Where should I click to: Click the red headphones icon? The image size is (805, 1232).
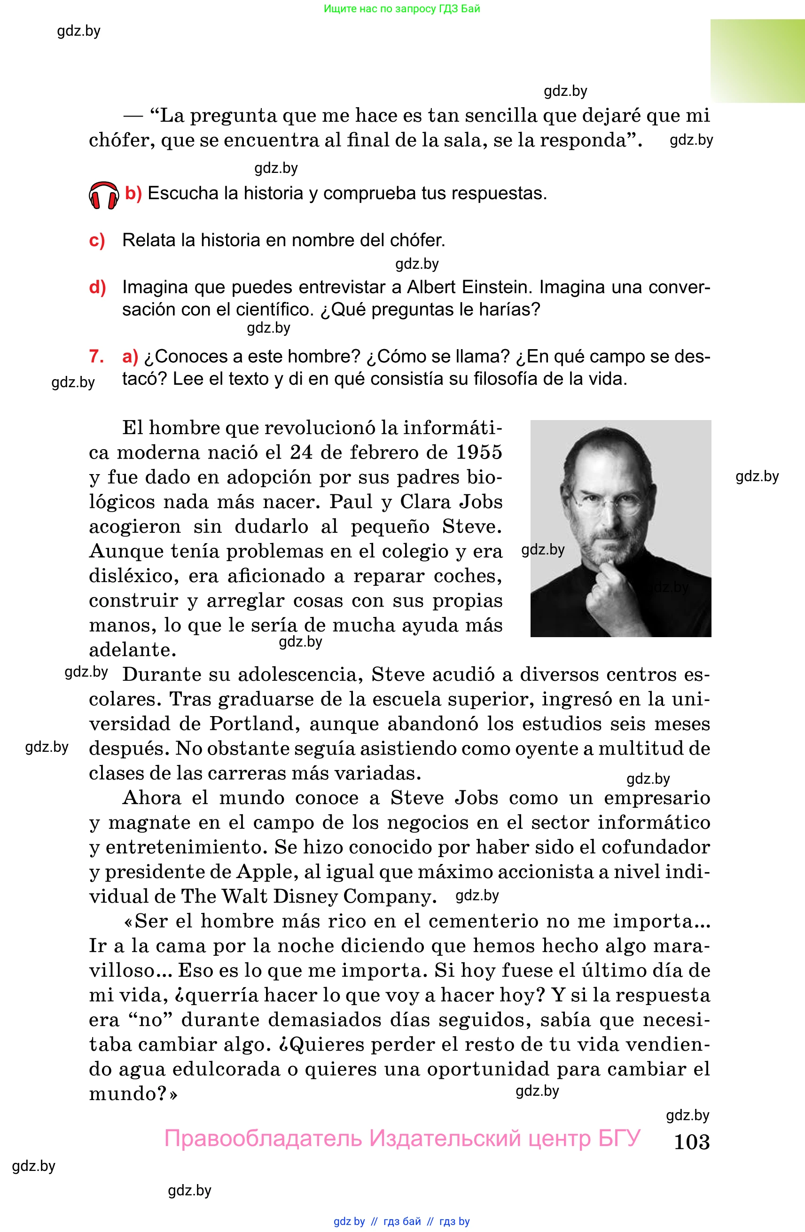coord(103,195)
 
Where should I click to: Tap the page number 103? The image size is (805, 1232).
coord(691,1141)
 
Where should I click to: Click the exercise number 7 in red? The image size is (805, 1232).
coord(96,356)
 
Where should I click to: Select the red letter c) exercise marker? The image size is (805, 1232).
coord(97,240)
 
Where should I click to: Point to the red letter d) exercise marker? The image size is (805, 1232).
coord(97,287)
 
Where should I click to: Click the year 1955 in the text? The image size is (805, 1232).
coord(478,452)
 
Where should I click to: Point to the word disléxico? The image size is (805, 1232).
coord(133,576)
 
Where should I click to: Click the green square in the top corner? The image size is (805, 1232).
coord(757,61)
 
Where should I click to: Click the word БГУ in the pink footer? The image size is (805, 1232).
coord(619,1138)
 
